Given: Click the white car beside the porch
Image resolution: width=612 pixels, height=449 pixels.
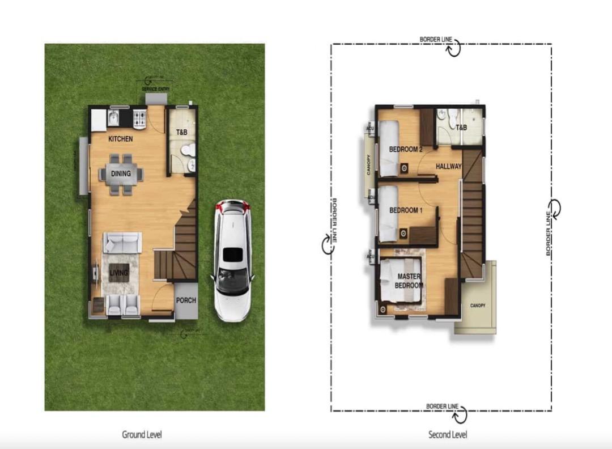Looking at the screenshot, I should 232,261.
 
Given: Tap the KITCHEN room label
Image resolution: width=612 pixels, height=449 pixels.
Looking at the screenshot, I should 121,139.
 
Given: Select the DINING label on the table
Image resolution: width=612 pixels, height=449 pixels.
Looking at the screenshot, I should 121,174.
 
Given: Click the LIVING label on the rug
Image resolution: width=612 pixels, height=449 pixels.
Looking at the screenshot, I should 119,273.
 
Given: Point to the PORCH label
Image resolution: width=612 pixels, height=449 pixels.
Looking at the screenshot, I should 185,300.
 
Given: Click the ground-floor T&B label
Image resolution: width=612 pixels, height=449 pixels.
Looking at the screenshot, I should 181,133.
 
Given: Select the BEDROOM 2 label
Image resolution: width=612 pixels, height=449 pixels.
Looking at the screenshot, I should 406,150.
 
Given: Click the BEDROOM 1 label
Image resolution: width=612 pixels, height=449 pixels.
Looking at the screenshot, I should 406,210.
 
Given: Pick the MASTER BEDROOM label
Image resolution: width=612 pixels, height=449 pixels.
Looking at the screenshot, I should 409,281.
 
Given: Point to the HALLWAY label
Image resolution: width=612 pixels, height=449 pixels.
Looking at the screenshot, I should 449,167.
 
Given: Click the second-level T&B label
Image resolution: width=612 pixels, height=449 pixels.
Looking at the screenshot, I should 462,128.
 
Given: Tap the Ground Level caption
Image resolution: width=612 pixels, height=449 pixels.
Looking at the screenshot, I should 142,435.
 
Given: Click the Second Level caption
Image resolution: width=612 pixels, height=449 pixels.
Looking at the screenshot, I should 448,435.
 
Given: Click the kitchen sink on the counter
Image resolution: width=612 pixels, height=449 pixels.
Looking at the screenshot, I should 113,118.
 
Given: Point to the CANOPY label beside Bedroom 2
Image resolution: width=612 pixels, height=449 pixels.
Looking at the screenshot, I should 368,164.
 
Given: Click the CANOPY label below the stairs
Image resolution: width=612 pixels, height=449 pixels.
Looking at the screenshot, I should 478,306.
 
